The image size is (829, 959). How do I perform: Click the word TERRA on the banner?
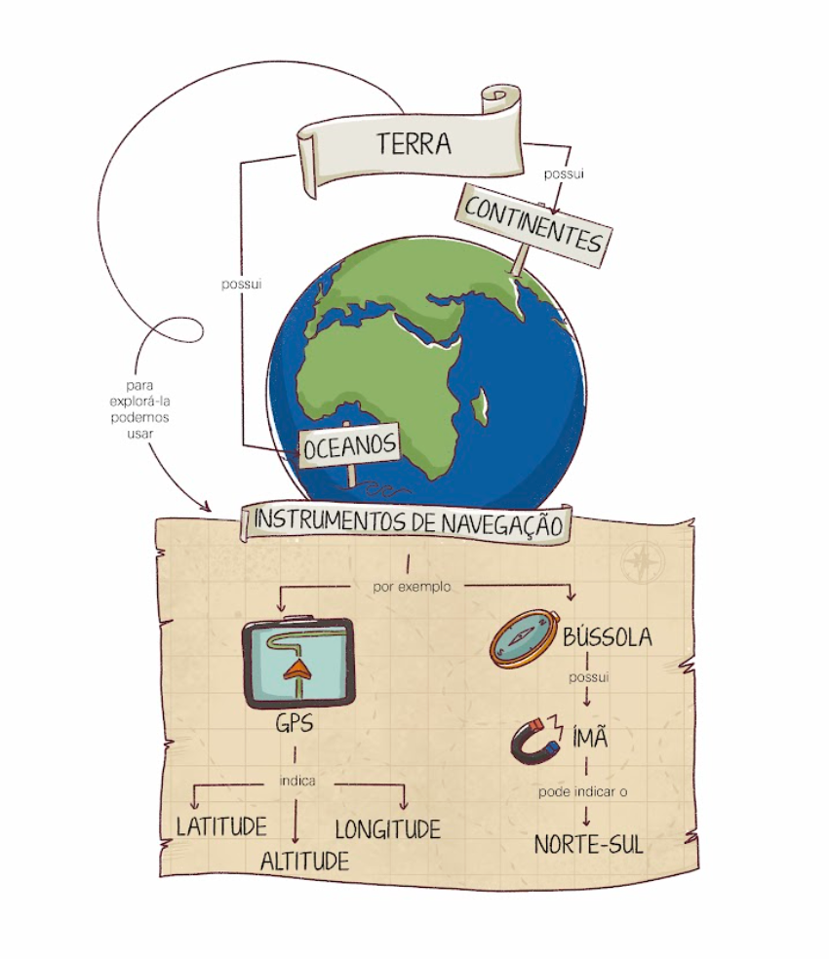pyautogui.click(x=414, y=143)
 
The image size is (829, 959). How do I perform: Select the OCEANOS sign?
pyautogui.click(x=349, y=447)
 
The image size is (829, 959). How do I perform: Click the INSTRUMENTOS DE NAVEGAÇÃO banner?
pyautogui.click(x=408, y=522)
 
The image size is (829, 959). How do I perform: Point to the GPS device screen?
pyautogui.click(x=297, y=663)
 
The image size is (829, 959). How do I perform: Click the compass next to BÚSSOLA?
pyautogui.click(x=525, y=637)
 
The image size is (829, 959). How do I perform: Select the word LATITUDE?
pyautogui.click(x=221, y=826)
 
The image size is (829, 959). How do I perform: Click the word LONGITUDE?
pyautogui.click(x=387, y=829)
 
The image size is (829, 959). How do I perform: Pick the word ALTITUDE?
pyautogui.click(x=304, y=861)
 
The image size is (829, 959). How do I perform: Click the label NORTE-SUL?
pyautogui.click(x=588, y=844)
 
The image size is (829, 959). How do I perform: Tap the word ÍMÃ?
pyautogui.click(x=589, y=737)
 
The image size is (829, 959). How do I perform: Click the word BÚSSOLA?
pyautogui.click(x=607, y=638)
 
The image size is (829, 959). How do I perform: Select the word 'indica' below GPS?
pyautogui.click(x=296, y=781)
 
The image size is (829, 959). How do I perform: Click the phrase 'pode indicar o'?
pyautogui.click(x=583, y=791)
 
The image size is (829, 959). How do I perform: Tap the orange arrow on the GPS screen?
pyautogui.click(x=296, y=671)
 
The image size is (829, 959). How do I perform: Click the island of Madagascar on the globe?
pyautogui.click(x=479, y=405)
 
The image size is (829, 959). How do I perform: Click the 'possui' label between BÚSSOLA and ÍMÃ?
pyautogui.click(x=587, y=677)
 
